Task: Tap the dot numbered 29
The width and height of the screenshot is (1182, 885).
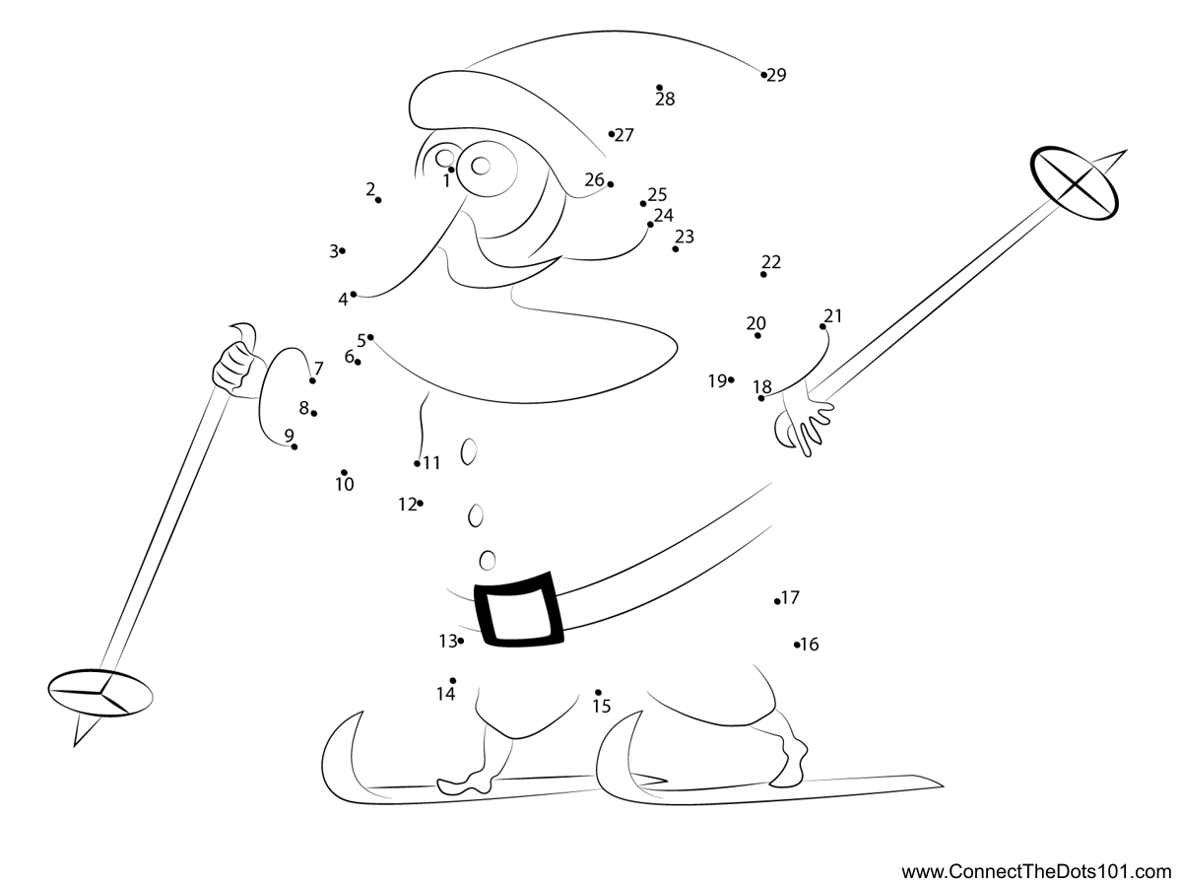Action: click(764, 75)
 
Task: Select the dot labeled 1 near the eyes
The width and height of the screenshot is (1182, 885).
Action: click(451, 170)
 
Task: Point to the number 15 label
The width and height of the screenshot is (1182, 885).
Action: click(602, 707)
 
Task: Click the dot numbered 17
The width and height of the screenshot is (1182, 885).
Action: click(777, 601)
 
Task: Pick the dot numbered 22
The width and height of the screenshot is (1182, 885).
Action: click(763, 275)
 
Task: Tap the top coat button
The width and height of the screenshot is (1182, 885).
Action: click(469, 451)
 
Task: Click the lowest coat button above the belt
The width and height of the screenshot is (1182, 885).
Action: click(488, 560)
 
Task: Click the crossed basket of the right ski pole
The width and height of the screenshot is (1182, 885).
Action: click(1075, 183)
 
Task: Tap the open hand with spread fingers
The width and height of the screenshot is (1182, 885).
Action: click(805, 424)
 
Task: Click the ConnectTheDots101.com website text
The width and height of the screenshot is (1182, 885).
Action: click(1036, 871)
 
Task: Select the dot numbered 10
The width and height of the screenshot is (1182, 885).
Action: click(344, 472)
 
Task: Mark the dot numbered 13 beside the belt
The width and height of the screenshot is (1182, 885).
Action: click(460, 641)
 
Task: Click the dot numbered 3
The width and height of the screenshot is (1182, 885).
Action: click(343, 250)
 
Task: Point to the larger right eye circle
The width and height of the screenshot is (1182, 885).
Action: click(488, 169)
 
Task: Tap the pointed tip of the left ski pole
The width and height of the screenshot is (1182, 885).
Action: click(74, 746)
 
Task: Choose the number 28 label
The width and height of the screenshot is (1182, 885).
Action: click(665, 100)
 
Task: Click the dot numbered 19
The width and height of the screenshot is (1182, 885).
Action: click(731, 379)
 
